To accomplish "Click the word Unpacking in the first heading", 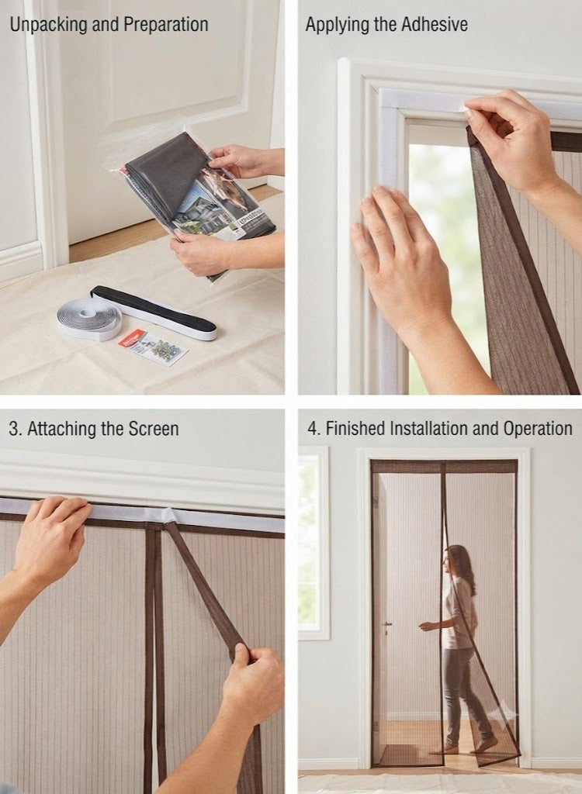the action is click(x=48, y=25).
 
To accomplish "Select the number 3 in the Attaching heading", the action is click(x=13, y=429).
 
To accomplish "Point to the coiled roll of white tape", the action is click(x=89, y=319).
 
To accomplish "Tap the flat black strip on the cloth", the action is click(x=154, y=312).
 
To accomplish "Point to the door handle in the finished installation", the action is click(x=386, y=626).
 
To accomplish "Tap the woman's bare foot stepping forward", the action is click(x=483, y=745).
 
